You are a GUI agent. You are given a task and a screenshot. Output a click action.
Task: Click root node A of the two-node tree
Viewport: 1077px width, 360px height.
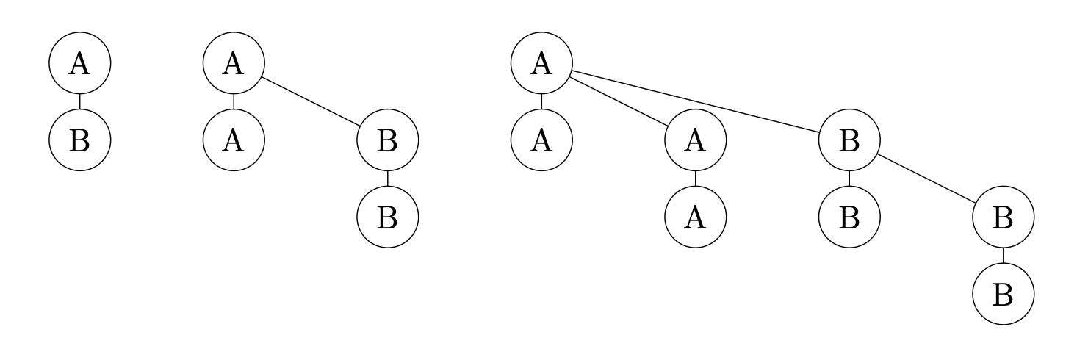(x=79, y=64)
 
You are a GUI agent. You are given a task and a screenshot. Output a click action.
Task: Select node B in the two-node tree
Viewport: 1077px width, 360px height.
(x=79, y=140)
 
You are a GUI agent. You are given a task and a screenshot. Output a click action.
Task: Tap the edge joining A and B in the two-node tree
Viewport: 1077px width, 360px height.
(x=79, y=102)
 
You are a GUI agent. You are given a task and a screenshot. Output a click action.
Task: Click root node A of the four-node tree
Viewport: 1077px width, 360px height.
(x=234, y=64)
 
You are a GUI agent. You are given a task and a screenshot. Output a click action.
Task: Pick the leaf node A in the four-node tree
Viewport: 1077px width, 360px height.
(x=234, y=140)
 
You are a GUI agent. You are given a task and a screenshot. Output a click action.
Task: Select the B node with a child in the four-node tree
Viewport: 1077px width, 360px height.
(x=387, y=140)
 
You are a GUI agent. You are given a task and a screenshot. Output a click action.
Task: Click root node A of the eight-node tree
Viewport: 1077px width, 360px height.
(x=541, y=64)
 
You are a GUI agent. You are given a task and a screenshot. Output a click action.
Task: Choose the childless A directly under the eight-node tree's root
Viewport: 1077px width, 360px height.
(x=541, y=140)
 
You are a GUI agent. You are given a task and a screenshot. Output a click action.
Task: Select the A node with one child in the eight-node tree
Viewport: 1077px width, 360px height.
(x=695, y=140)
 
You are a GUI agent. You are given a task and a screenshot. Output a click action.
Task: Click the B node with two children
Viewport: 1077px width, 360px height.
(x=849, y=140)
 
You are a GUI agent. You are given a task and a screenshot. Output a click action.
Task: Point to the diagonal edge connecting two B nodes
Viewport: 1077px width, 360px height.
(x=926, y=179)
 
